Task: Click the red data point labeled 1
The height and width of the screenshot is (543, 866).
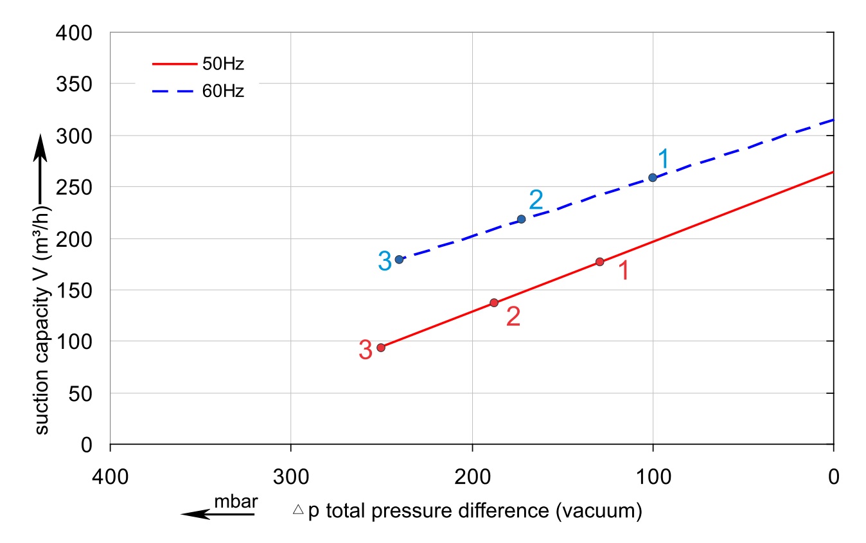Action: pyautogui.click(x=599, y=262)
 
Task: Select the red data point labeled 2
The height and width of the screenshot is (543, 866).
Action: pyautogui.click(x=494, y=303)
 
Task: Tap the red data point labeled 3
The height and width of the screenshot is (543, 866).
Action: pyautogui.click(x=381, y=347)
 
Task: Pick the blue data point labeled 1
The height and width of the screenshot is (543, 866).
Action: pyautogui.click(x=653, y=177)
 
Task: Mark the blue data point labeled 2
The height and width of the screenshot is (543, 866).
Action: pyautogui.click(x=521, y=219)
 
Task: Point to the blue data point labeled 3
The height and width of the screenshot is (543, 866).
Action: pyautogui.click(x=399, y=259)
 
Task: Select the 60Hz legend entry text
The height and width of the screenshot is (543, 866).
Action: pyautogui.click(x=223, y=91)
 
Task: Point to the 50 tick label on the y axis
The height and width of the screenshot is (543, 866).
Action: pyautogui.click(x=82, y=393)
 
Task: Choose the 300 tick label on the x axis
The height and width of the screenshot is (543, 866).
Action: pyautogui.click(x=291, y=477)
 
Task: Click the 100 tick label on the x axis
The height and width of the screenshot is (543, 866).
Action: pyautogui.click(x=653, y=477)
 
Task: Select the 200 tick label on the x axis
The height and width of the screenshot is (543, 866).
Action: pyautogui.click(x=472, y=477)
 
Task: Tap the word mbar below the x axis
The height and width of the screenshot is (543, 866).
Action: pyautogui.click(x=236, y=502)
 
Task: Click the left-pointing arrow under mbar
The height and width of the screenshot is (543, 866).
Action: pyautogui.click(x=204, y=513)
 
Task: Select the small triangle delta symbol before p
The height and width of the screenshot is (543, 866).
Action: pyautogui.click(x=297, y=510)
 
